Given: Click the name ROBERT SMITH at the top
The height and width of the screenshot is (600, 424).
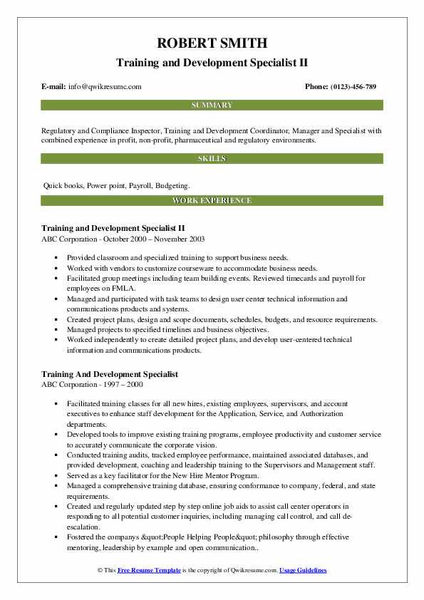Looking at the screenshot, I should (x=212, y=42).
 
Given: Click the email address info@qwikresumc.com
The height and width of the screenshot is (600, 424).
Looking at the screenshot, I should (x=105, y=87).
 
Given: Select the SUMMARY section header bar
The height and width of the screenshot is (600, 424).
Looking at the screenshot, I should (x=212, y=105).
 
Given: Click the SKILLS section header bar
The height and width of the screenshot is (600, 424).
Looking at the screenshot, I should (x=212, y=158).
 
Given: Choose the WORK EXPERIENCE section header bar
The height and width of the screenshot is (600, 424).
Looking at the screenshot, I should (x=212, y=201).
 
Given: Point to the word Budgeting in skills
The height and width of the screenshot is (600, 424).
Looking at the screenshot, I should (x=174, y=185).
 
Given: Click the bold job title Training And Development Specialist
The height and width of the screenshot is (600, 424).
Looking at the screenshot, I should (x=110, y=374).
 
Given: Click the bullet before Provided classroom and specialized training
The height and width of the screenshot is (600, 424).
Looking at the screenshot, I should (x=55, y=258).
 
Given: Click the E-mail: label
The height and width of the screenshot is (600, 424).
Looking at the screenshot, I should (x=54, y=87).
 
